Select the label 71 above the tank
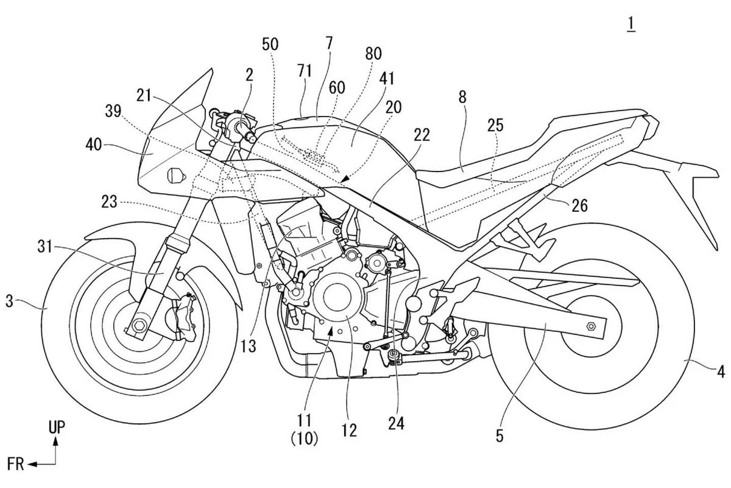click(305, 71)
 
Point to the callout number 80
click(373, 54)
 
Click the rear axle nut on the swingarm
click(590, 327)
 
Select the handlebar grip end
click(250, 138)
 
